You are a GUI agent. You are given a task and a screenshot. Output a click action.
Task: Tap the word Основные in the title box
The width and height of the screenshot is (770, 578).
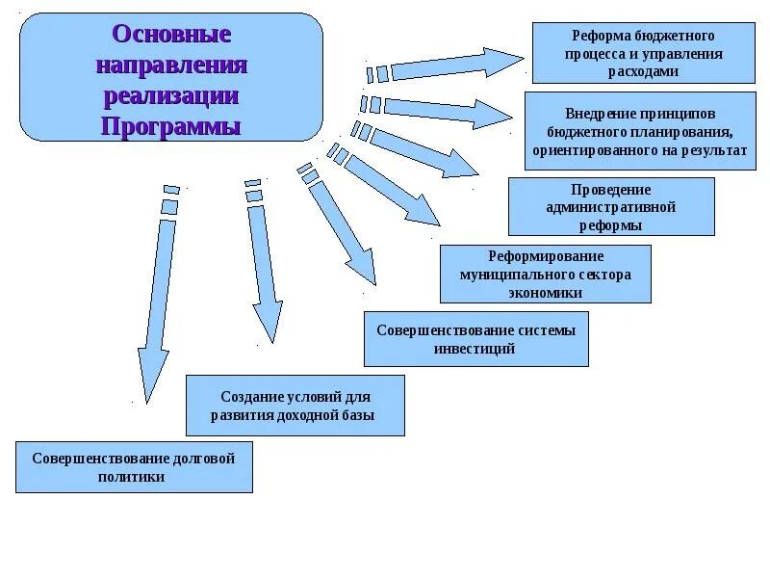tap(171, 35)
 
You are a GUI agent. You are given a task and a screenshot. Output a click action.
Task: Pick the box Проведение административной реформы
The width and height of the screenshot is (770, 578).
tap(611, 206)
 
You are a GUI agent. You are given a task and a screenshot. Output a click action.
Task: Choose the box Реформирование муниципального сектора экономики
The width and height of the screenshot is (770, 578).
tap(545, 274)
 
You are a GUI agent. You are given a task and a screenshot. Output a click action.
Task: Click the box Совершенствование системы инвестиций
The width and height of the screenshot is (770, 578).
tap(475, 339)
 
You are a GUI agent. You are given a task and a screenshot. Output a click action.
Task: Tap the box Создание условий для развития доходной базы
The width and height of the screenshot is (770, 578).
tap(295, 406)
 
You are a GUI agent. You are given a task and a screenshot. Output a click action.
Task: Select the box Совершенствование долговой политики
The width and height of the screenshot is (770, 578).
tap(134, 467)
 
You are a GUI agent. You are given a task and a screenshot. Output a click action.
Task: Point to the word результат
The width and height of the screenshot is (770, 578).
tap(713, 151)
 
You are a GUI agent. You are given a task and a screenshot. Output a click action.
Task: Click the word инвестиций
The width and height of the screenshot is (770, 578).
tap(475, 349)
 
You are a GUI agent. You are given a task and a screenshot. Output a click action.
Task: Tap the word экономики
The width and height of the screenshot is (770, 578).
tap(545, 292)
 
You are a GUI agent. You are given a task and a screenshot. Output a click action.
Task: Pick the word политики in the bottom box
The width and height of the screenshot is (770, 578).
tap(133, 477)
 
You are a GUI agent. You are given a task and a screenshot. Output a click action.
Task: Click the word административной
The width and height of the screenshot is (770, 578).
tap(611, 207)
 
